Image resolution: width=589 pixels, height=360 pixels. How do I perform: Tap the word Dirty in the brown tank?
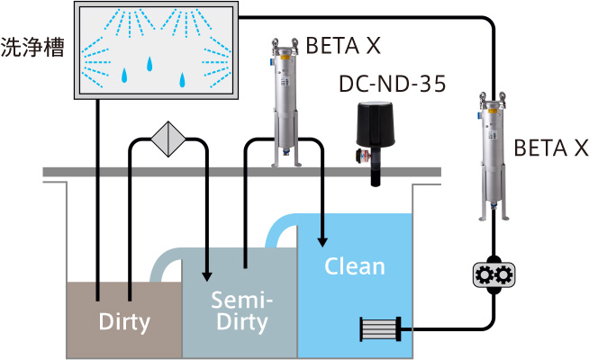pos(123,320)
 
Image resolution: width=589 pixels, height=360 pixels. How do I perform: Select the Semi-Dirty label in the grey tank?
pos(240,309)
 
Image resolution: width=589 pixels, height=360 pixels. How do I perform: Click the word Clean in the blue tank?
pos(354,266)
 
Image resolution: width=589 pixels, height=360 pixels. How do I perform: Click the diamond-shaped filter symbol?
pos(168,139)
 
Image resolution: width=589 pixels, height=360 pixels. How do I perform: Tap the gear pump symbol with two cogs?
pos(493,274)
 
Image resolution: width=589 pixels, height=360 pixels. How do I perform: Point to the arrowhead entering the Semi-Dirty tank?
pos(207,274)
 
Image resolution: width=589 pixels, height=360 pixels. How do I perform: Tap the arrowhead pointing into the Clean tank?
pos(322,240)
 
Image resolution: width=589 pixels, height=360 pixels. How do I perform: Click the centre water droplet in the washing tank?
pos(150,65)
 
